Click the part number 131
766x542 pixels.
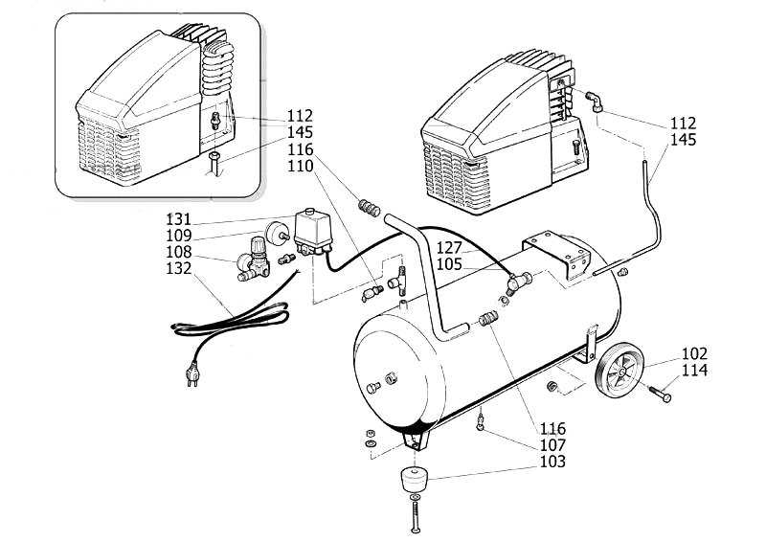tap(179, 217)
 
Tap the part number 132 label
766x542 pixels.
tap(179, 270)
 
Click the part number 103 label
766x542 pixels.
tap(552, 462)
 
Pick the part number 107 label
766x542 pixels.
tap(552, 445)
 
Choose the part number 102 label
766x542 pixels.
tap(695, 351)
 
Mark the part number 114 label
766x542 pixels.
tap(695, 370)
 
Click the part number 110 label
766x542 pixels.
tap(302, 165)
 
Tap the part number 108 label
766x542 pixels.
tap(179, 253)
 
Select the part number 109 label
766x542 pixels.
tap(179, 235)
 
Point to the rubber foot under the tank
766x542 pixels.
tap(414, 478)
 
